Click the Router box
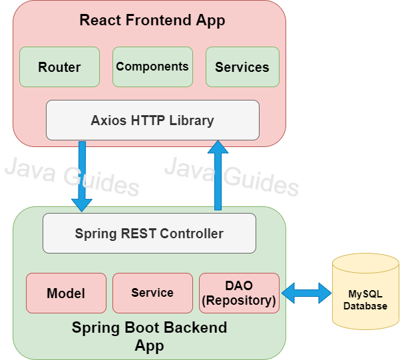pos(59,67)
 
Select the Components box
pos(152,67)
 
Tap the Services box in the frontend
pos(242,67)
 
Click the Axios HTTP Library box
pos(152,120)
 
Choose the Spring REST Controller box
pos(149,233)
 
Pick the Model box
pos(66,293)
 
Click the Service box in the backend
pos(152,293)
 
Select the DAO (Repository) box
pos(239,293)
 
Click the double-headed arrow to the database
pos(306,291)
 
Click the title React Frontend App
pos(152,20)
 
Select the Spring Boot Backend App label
pos(149,336)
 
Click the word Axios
pos(107,120)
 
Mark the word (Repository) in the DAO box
pos(239,300)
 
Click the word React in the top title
pos(97,20)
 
